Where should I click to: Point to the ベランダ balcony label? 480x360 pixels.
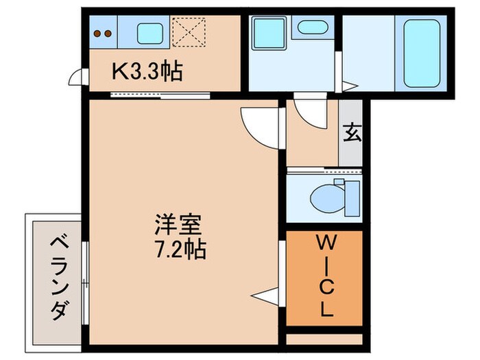pos(58,278)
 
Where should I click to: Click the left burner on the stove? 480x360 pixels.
pos(98,32)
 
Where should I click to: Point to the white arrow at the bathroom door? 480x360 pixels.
pos(350,86)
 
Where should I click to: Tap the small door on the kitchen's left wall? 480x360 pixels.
pos(75,79)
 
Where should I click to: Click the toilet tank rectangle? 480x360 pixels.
pos(351,197)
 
